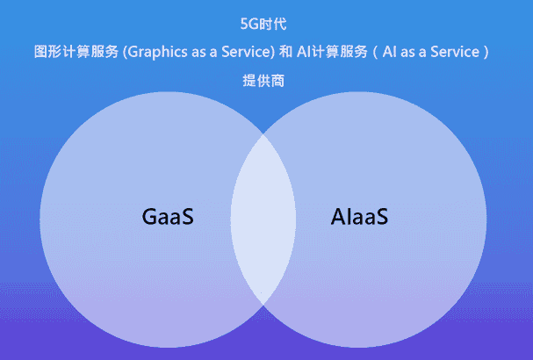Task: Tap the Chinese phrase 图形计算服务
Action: (x=76, y=52)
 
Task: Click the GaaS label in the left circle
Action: (x=167, y=216)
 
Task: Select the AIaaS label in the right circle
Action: (x=360, y=216)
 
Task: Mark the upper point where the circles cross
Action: (x=263, y=133)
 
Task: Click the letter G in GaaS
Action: (x=149, y=216)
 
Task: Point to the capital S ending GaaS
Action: (x=187, y=216)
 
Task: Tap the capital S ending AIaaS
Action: (x=381, y=216)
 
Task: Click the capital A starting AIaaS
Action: (x=338, y=216)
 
